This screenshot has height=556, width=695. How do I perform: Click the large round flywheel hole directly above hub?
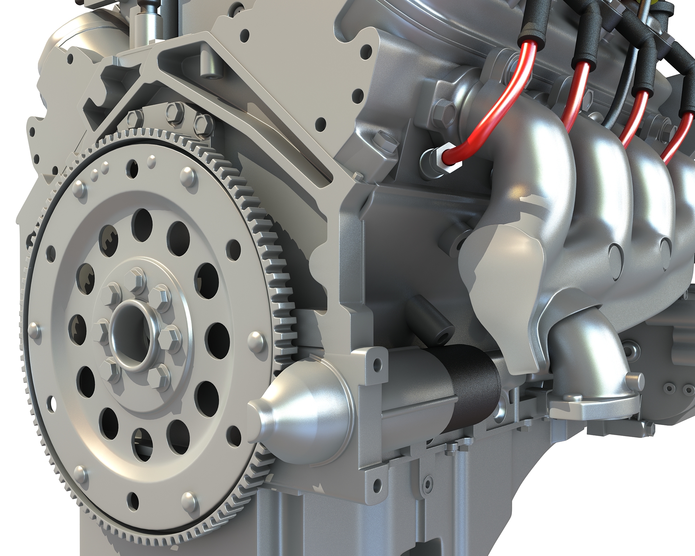pos(142,222)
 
